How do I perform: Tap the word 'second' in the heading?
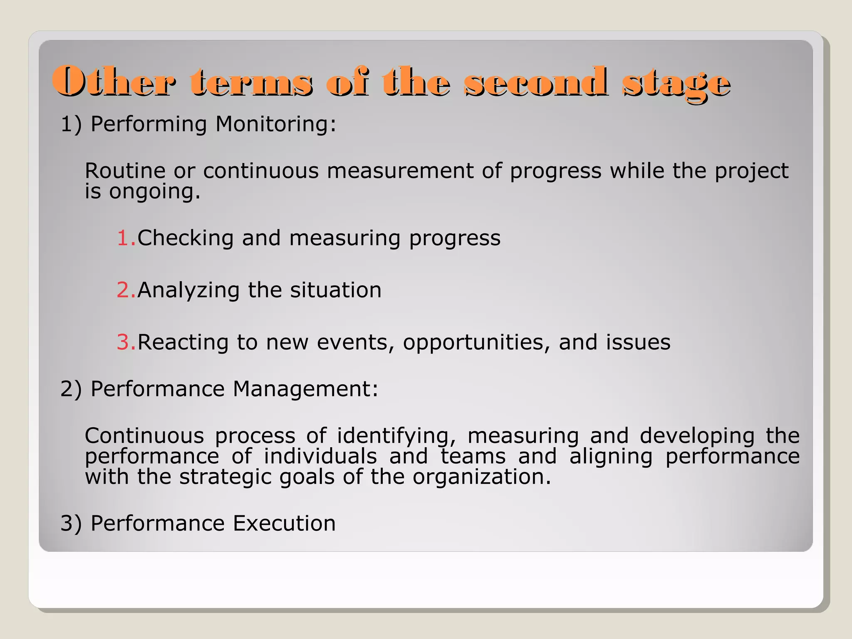point(535,82)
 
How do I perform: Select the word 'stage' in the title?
point(676,83)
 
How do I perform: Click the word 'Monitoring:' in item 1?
point(276,124)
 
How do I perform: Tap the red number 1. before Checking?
point(126,238)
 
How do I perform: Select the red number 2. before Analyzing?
point(126,290)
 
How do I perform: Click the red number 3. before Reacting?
point(126,342)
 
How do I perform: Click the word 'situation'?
point(335,290)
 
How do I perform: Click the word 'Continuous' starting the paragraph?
point(144,436)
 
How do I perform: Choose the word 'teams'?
point(473,456)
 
